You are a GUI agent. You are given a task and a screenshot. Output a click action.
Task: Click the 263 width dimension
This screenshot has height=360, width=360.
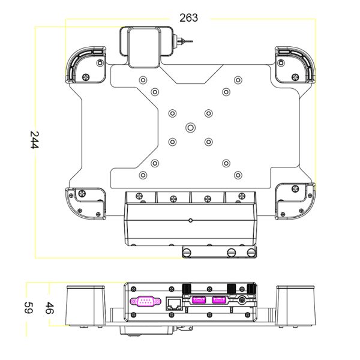coord(188,18)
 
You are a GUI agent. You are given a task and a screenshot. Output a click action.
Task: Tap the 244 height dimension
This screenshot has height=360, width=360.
coord(35,140)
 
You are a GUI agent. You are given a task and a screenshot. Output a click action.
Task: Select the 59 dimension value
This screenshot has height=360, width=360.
coord(29,308)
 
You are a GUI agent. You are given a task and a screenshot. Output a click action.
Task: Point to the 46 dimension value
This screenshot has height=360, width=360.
coord(49,308)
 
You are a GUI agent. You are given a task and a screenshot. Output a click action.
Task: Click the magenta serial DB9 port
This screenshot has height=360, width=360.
coord(145,301)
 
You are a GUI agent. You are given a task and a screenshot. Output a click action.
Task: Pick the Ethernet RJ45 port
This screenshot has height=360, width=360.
coord(174,304)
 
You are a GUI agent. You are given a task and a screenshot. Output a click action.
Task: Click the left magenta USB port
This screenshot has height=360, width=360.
coord(199,299)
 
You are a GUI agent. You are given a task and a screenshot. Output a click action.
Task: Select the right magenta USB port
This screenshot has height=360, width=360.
coord(219,299)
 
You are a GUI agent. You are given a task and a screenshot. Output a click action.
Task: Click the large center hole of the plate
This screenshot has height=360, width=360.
coord(190,127)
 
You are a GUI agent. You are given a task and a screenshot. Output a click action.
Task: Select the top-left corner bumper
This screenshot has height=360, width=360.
coord(86,65)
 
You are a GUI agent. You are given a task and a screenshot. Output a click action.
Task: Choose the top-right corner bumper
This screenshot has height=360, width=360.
coord(295,65)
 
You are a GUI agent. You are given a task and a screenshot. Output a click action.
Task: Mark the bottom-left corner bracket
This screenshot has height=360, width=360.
coord(86,203)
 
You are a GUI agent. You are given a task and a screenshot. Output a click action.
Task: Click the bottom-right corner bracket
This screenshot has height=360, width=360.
coord(295,201)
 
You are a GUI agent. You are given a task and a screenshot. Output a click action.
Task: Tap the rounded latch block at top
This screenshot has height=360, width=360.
coord(146,47)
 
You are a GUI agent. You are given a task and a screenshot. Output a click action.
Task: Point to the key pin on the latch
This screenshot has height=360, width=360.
coord(183,41)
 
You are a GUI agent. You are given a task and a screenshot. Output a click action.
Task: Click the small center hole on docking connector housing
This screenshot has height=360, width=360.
coord(190,220)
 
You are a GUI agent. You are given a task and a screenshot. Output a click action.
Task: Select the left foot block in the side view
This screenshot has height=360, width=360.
coord(86,305)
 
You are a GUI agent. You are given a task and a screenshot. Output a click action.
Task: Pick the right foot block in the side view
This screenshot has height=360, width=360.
coord(296,305)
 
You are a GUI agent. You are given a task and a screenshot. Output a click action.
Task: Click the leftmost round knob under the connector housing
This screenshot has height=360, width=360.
coord(187,253)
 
